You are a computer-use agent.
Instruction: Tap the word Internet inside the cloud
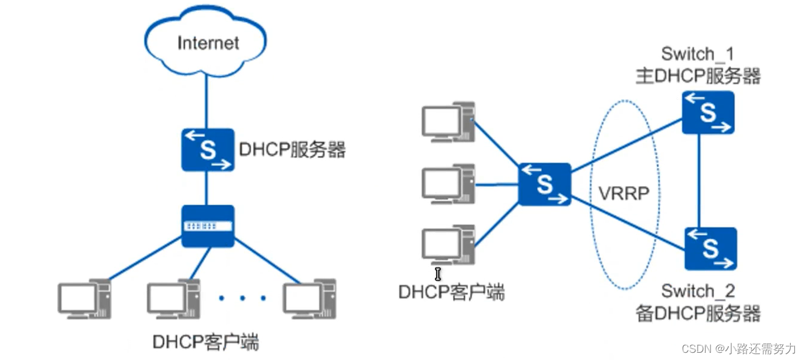(208, 43)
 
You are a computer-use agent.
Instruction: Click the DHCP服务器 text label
(292, 149)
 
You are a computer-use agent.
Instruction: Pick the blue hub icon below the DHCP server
(208, 226)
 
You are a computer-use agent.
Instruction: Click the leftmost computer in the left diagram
(83, 298)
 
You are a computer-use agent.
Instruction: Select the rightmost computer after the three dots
(310, 298)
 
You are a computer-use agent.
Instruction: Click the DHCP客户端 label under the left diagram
(206, 343)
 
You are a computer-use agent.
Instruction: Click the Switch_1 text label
(697, 54)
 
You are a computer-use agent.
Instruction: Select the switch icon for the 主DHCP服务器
(709, 112)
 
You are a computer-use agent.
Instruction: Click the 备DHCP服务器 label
(698, 313)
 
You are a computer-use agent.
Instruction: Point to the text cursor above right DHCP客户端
(438, 274)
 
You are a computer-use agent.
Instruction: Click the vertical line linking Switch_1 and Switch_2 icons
(700, 180)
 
